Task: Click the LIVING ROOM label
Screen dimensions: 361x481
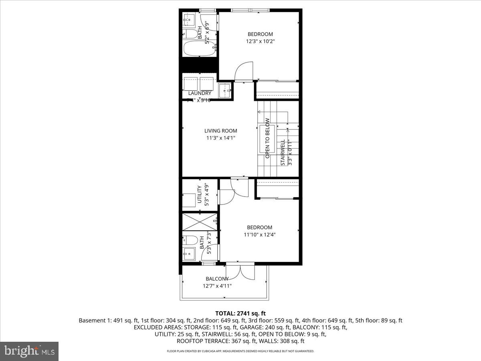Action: click(220, 131)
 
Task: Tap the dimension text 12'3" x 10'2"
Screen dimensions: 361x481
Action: click(260, 41)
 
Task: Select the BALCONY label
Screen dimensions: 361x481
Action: click(217, 279)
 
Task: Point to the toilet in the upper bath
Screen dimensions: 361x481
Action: click(192, 33)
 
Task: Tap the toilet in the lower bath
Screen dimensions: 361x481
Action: click(191, 241)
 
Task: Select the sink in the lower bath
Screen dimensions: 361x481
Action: click(188, 254)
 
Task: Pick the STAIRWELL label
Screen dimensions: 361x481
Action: click(283, 152)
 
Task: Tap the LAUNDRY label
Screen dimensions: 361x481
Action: click(200, 93)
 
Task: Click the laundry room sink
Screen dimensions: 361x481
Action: click(225, 89)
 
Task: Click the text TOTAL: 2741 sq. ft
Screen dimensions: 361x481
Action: click(240, 313)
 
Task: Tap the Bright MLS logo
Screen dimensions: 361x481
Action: click(29, 351)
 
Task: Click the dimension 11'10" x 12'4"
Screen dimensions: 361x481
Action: click(259, 234)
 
